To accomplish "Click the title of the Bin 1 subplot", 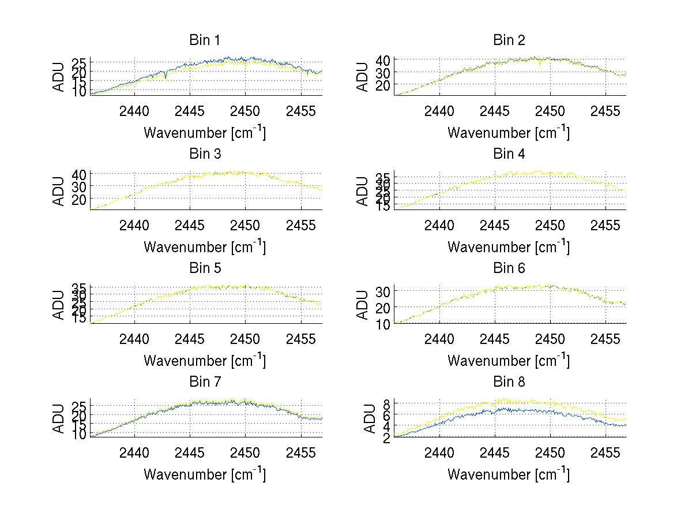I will (x=205, y=40).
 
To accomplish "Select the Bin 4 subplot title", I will (x=509, y=154).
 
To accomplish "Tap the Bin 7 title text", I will (x=205, y=382).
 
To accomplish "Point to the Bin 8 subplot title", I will (x=509, y=382).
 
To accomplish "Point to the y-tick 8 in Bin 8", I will (x=388, y=403).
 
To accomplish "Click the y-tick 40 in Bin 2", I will (x=383, y=60).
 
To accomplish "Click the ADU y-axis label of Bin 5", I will (x=59, y=305).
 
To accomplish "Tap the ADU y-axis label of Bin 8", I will (x=363, y=418).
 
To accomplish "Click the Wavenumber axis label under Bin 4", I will (x=509, y=246).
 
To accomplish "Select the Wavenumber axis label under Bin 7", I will (x=205, y=474).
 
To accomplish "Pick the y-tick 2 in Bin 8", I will (x=388, y=437).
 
